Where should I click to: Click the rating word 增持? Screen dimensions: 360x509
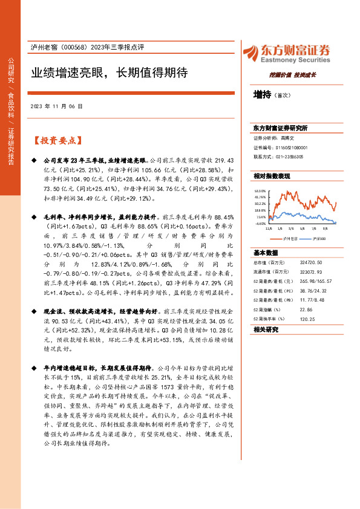tap(263, 95)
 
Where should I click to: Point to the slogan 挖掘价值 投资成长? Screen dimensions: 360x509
tap(293, 75)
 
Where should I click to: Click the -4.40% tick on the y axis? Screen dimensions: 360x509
tap(261, 222)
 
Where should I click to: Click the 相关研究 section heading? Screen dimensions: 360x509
tap(266, 329)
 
